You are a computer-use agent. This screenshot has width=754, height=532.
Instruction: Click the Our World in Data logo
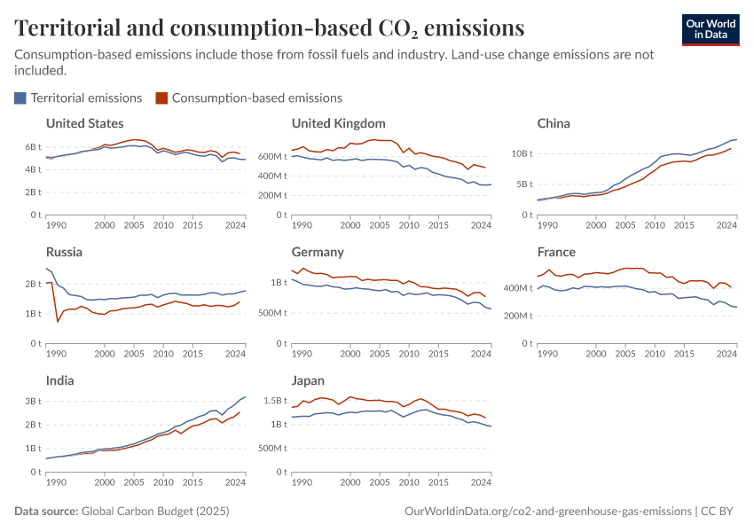(x=711, y=29)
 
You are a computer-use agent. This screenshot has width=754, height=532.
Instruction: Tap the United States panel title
(x=84, y=123)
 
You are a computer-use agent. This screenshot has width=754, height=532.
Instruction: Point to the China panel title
(x=554, y=123)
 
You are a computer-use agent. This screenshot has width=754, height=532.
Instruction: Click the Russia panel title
(x=64, y=252)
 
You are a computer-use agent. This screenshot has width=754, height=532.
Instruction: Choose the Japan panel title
(x=310, y=380)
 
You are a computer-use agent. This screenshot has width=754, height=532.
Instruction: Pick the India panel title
(x=60, y=380)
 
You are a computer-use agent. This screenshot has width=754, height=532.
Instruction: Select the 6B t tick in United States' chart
(x=33, y=146)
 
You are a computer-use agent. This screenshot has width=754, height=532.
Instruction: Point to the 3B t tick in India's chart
(x=33, y=401)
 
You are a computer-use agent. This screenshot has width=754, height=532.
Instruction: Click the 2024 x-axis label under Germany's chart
(x=481, y=355)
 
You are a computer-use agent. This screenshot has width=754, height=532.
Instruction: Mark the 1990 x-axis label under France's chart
(x=547, y=355)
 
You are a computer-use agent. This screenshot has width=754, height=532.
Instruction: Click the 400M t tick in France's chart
(x=514, y=288)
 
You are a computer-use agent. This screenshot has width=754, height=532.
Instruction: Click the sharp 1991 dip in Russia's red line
(x=59, y=320)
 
